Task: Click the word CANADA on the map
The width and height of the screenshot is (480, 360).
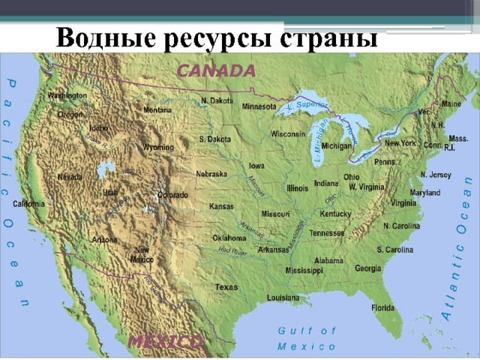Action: point(215,71)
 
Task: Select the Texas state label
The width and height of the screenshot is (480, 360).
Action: point(226,287)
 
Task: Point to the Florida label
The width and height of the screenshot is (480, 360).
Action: point(382,307)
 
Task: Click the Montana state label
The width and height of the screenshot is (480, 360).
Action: point(157,109)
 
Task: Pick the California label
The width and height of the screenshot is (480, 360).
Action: point(28,203)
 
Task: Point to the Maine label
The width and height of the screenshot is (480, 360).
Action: point(451,103)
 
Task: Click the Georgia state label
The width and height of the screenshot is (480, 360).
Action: point(367,268)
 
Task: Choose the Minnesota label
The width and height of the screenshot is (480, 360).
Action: point(259,106)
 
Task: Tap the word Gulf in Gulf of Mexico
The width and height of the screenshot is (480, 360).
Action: point(292,330)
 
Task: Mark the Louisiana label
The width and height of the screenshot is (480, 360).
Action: point(283,297)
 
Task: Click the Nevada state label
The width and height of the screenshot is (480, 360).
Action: point(70,177)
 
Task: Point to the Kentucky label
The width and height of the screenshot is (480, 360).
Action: point(335,214)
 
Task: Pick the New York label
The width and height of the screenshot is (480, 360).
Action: point(400,142)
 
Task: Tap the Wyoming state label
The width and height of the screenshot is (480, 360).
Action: point(158,147)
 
